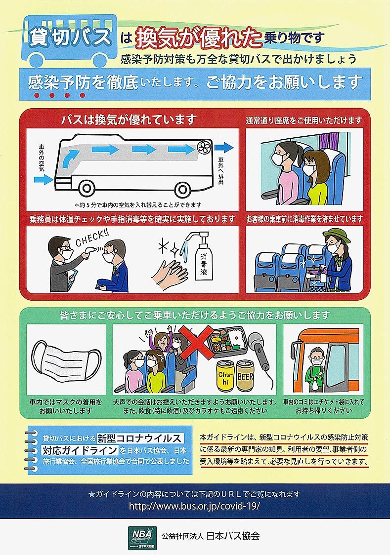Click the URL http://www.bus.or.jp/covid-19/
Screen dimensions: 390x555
194,506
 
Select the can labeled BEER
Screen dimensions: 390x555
245,375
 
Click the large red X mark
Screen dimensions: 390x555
196,342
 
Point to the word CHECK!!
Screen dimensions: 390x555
92,238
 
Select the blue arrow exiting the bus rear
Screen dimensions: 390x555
224,147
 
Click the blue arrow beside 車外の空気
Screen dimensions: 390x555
43,180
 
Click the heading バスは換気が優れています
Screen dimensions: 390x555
129,119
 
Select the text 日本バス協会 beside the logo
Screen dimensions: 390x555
233,536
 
